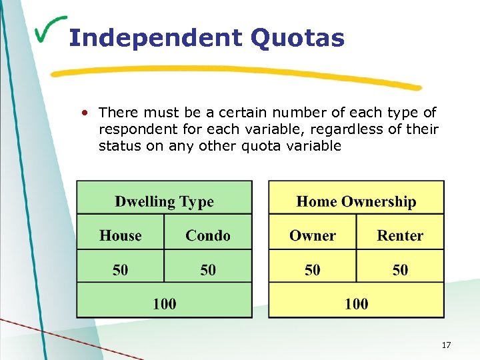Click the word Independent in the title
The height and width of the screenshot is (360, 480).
tap(155, 38)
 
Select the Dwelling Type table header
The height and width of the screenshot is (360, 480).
tap(164, 201)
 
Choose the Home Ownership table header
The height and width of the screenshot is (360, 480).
tap(356, 201)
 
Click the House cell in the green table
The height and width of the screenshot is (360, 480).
tap(121, 235)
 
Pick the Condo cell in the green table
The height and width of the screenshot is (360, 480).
tap(208, 235)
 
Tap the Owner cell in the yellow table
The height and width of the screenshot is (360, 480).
tap(312, 235)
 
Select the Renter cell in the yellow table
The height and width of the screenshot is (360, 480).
tap(400, 235)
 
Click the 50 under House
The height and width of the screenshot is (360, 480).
tap(121, 270)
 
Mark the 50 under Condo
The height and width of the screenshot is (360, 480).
tap(208, 270)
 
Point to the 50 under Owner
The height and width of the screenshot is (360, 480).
tap(312, 270)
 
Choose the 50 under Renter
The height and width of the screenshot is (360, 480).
tap(400, 270)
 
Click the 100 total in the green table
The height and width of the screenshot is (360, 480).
tap(165, 304)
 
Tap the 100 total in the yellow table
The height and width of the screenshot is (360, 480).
tap(356, 304)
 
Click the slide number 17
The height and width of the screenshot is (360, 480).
tap(446, 345)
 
